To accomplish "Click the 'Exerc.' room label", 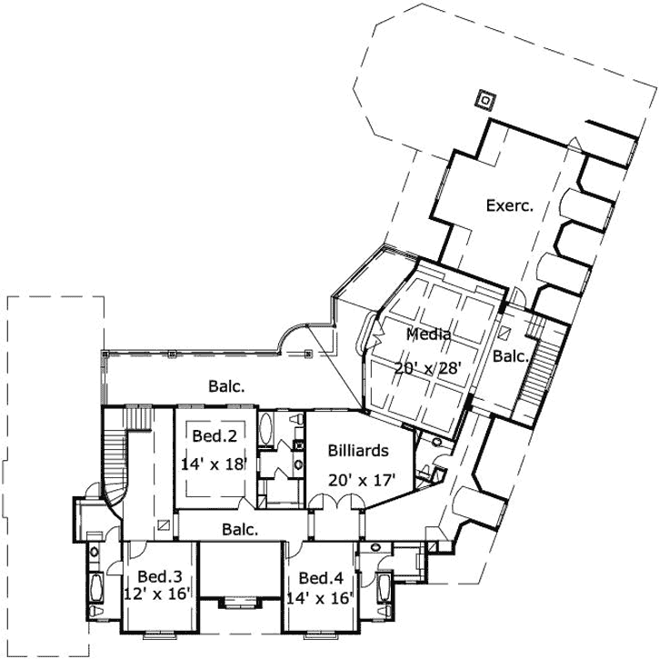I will pyautogui.click(x=508, y=205).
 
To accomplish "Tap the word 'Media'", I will pyautogui.click(x=429, y=334).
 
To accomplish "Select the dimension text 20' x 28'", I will pyautogui.click(x=428, y=368).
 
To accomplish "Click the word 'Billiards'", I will pyautogui.click(x=359, y=450).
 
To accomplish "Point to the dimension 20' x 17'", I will pyautogui.click(x=362, y=479).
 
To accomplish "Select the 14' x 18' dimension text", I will pyautogui.click(x=214, y=463).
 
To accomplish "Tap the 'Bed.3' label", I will pyautogui.click(x=159, y=576).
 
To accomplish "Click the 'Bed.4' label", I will pyautogui.click(x=321, y=578).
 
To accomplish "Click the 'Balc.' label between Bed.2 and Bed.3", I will pyautogui.click(x=241, y=527).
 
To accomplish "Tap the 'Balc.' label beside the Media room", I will pyautogui.click(x=510, y=357).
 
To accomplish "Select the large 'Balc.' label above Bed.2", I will pyautogui.click(x=226, y=385).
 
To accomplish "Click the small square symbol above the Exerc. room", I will pyautogui.click(x=486, y=100).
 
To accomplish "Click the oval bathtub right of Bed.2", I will pyautogui.click(x=267, y=430).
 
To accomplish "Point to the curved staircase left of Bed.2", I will pyautogui.click(x=114, y=459).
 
